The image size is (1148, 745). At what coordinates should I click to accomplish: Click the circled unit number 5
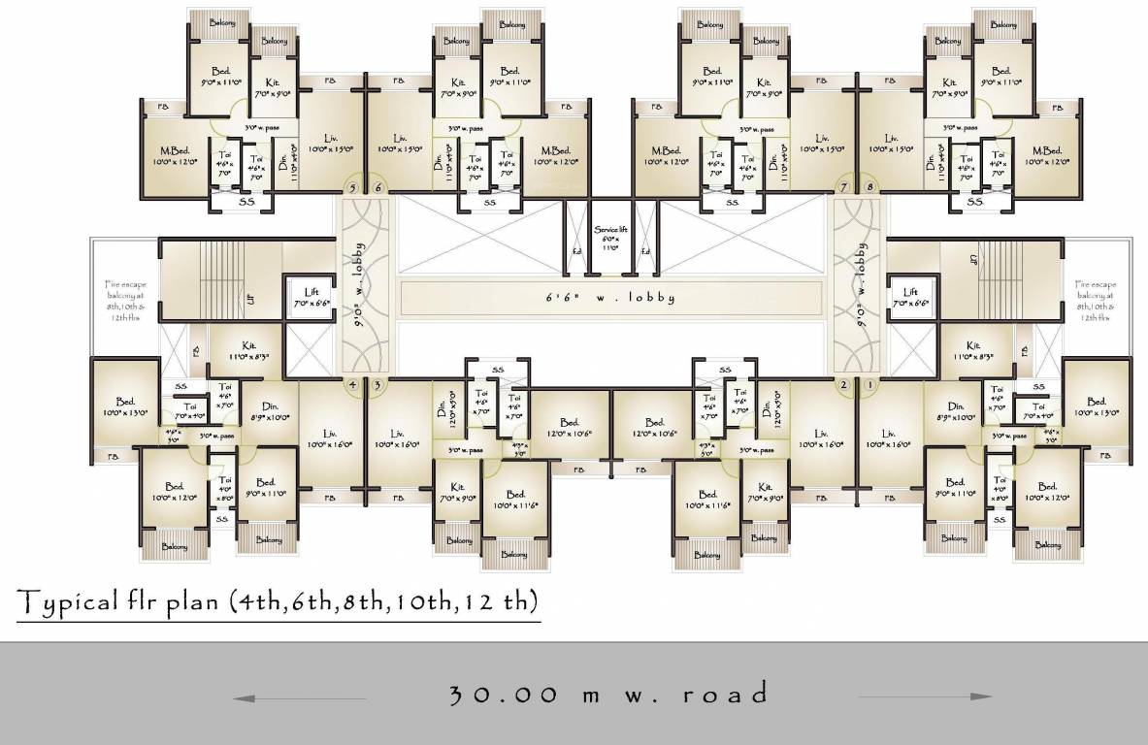352,187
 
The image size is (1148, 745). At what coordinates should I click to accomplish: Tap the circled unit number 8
870,187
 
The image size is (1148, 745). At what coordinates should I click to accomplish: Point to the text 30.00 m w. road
609,695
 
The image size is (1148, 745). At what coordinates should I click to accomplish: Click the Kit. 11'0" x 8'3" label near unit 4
248,350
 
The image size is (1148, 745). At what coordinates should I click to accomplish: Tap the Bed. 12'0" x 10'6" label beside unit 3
570,428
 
